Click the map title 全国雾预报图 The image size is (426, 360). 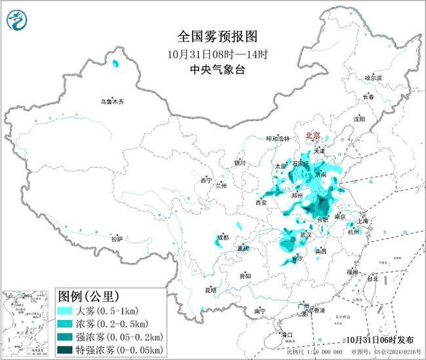click(213, 36)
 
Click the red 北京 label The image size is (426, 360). click(313, 135)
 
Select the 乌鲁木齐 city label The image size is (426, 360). click(112, 102)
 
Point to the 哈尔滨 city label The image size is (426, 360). click(373, 77)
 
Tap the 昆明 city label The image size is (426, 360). click(210, 289)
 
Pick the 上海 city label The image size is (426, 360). click(365, 221)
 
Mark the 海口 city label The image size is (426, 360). click(286, 334)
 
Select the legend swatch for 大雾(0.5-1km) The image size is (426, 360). click(66, 310)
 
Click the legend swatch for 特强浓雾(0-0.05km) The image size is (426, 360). click(66, 349)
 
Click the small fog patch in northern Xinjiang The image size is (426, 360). click(116, 64)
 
